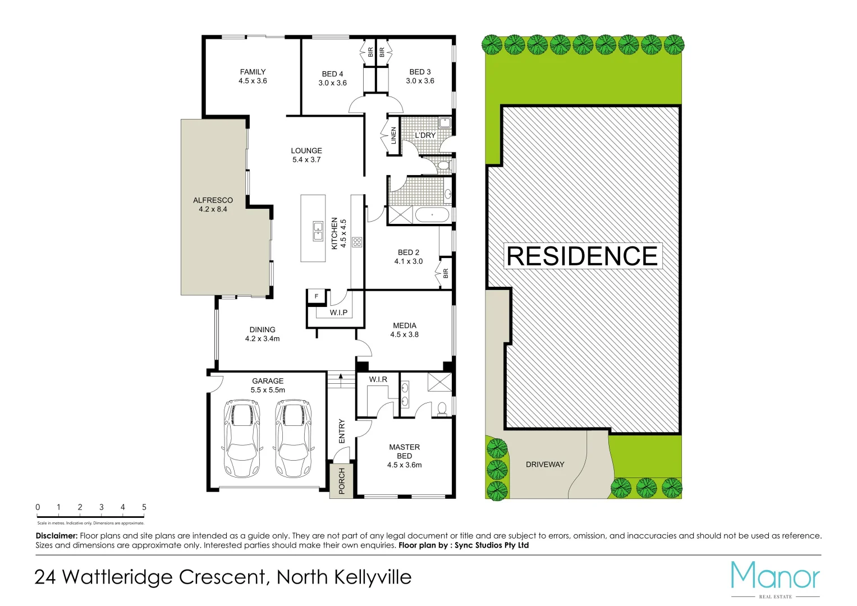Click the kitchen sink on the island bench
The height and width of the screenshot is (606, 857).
pyautogui.click(x=318, y=231)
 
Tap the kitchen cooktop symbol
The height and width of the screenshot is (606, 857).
pyautogui.click(x=356, y=242)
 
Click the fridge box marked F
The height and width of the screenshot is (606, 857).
pyautogui.click(x=317, y=296)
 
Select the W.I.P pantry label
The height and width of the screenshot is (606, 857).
pyautogui.click(x=338, y=313)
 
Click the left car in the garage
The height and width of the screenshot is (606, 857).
pyautogui.click(x=242, y=438)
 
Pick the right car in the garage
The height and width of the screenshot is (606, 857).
pyautogui.click(x=293, y=438)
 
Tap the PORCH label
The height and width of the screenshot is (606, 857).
pyautogui.click(x=342, y=481)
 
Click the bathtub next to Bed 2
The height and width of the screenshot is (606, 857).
pyautogui.click(x=432, y=215)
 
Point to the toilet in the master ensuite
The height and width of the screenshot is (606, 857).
pyautogui.click(x=442, y=408)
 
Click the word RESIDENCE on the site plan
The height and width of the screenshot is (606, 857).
pyautogui.click(x=582, y=256)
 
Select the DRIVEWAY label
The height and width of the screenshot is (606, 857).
pyautogui.click(x=545, y=465)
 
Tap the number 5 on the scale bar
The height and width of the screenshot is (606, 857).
pyautogui.click(x=144, y=507)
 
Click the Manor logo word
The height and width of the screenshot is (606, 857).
pyautogui.click(x=775, y=576)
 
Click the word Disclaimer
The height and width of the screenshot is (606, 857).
pyautogui.click(x=56, y=536)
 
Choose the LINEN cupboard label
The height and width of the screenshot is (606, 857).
pyautogui.click(x=393, y=135)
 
